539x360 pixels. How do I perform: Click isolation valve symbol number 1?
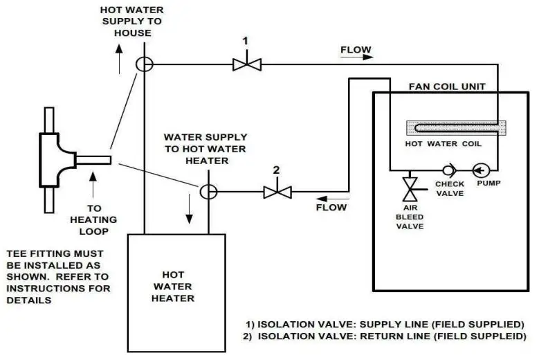click(x=245, y=64)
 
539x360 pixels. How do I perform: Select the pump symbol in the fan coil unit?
click(x=479, y=169)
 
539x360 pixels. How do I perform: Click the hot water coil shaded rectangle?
click(x=456, y=128)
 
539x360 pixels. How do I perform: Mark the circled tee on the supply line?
click(x=145, y=64)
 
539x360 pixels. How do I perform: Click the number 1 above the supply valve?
click(x=245, y=41)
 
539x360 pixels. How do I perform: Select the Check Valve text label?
click(x=449, y=188)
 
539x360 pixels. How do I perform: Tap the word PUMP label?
click(x=488, y=183)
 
